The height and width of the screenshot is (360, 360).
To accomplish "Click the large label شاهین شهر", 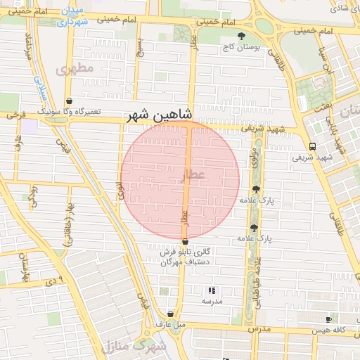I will point(161,116).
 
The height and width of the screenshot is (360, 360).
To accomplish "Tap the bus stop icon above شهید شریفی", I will point(312,146).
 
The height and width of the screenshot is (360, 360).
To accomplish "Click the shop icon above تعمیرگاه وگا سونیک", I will point(68,101).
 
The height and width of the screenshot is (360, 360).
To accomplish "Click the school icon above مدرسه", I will point(211,290).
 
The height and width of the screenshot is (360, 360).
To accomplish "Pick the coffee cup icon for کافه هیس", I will point(328,319).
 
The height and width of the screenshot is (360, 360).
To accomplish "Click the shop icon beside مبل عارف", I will point(170,314).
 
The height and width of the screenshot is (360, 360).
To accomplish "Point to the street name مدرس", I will point(258,329).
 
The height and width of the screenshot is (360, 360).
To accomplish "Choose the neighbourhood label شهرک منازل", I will point(133,347).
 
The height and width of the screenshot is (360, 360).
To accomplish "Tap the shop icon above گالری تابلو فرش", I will point(185,241).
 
